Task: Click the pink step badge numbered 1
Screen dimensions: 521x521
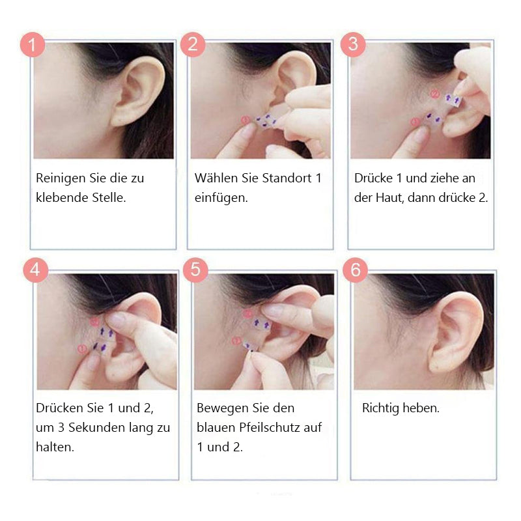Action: point(33,44)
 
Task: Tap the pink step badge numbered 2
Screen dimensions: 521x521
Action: point(193,44)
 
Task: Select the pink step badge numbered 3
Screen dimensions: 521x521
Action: point(353,44)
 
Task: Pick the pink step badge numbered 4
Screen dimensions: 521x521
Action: point(36,270)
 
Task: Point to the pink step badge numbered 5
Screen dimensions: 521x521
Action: point(196,270)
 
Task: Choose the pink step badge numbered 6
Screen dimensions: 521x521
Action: point(356,270)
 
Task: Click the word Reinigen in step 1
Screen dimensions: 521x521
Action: point(61,178)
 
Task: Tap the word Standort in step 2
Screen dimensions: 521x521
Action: point(287,178)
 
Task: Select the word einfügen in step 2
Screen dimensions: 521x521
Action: point(220,198)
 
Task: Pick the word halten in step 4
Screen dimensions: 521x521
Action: point(54,447)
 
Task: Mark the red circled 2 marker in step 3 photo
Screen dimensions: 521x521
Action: point(434,94)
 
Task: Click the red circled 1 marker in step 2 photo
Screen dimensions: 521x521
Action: point(246,120)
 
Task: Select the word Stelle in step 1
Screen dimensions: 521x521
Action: point(109,198)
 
